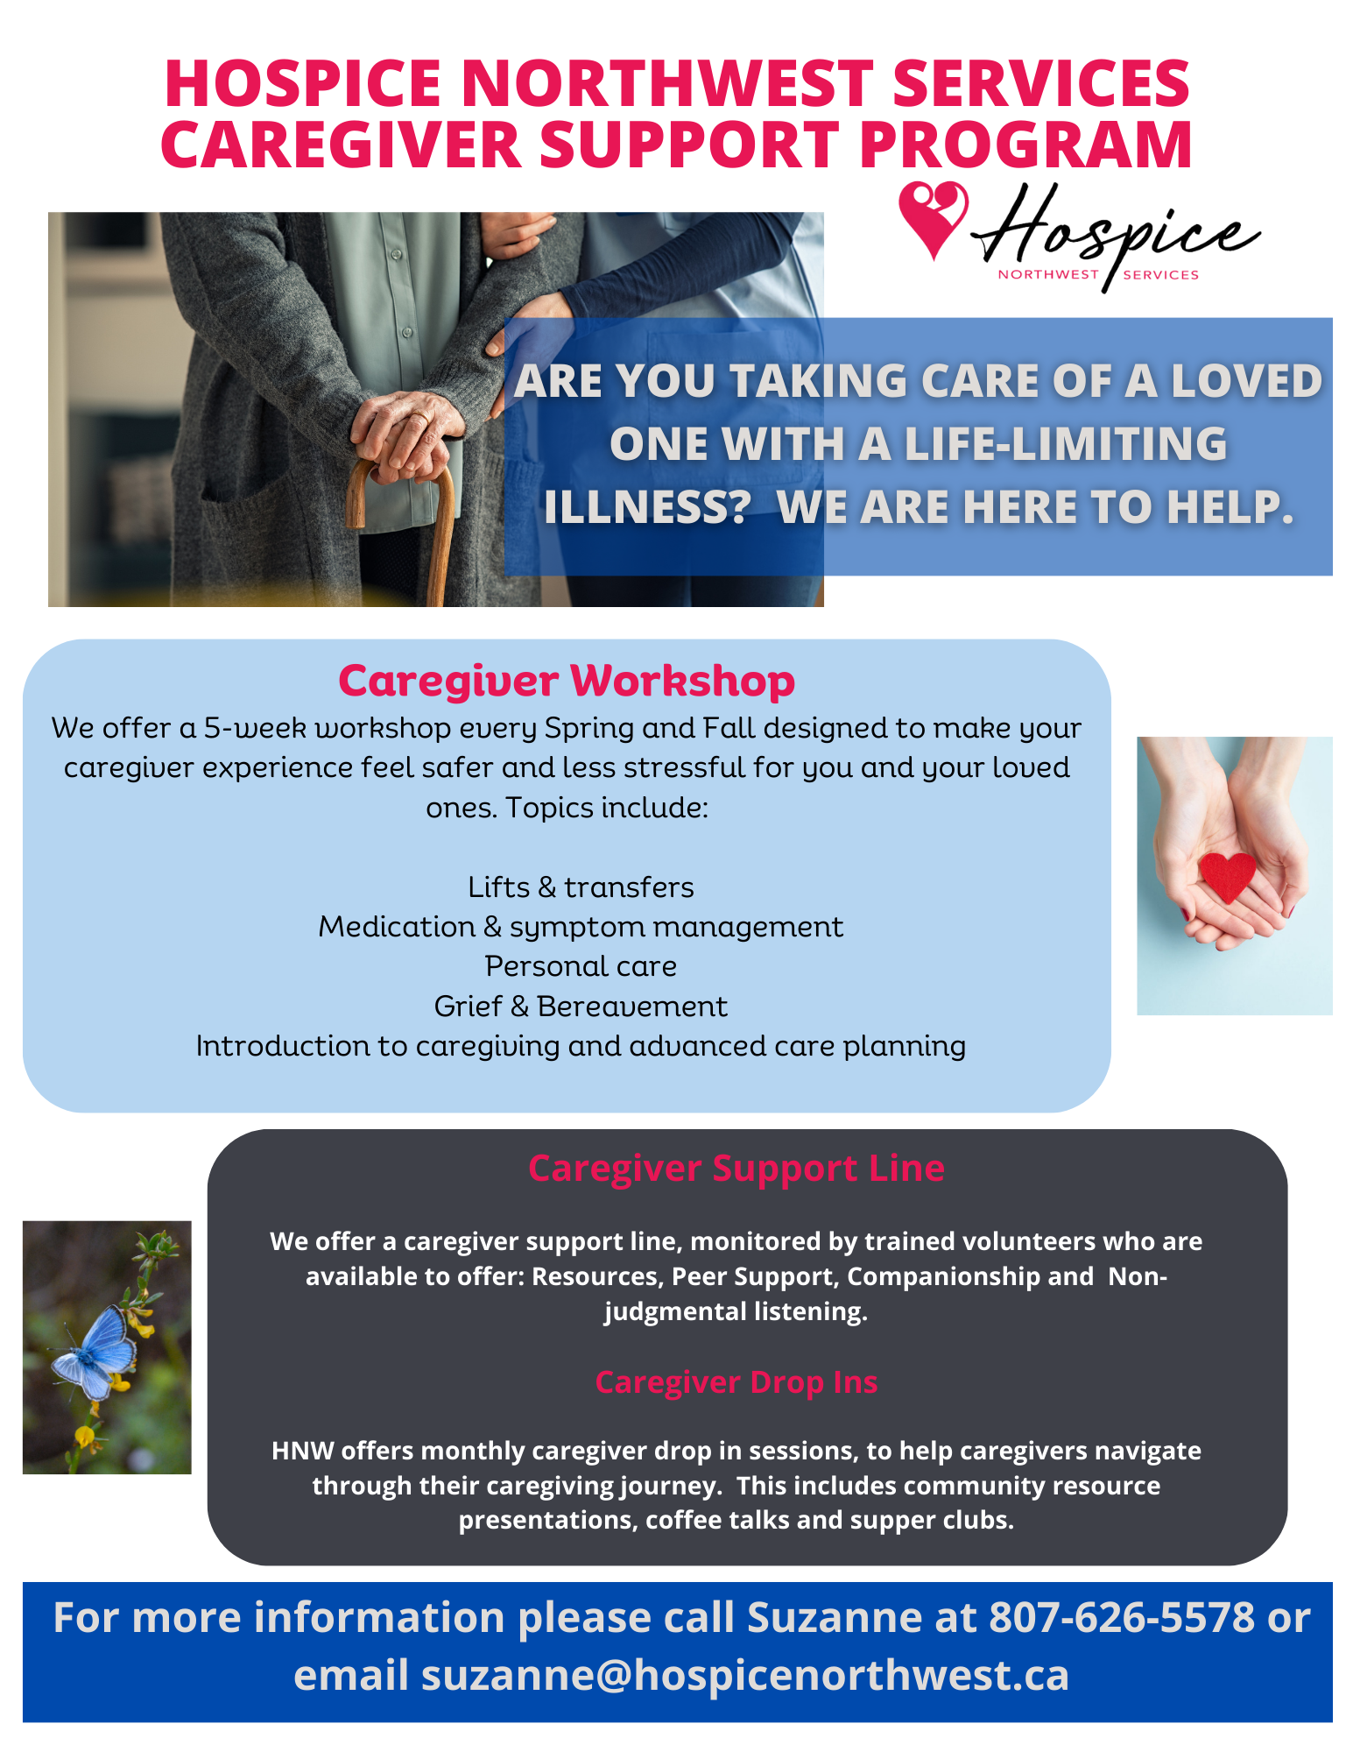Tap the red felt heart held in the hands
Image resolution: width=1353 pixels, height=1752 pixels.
point(1228,875)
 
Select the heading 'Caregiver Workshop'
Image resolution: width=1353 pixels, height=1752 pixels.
point(567,681)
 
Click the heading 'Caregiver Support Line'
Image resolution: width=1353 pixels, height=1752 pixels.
point(736,1168)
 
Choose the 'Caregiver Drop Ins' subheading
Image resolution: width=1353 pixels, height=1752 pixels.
point(736,1381)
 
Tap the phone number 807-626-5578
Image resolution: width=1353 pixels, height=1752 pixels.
point(1122,1617)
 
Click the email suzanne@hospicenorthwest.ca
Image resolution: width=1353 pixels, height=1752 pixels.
point(745,1675)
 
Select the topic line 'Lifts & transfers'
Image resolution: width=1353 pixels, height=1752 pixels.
point(581,887)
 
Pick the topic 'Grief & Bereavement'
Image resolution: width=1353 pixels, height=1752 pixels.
point(581,1007)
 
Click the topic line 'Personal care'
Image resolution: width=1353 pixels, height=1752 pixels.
point(581,966)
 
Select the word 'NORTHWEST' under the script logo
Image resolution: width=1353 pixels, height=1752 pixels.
point(1048,274)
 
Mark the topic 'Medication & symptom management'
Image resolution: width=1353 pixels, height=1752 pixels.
point(581,927)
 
